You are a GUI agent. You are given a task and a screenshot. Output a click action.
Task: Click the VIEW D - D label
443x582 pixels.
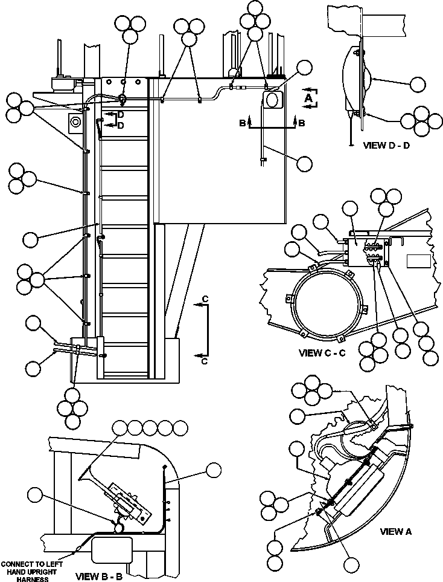386,146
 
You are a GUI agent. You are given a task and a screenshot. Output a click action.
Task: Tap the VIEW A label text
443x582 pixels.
395,532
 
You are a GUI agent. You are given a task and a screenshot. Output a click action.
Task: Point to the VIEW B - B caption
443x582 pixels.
99,576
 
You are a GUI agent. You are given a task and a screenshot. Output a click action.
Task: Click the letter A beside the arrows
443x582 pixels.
308,97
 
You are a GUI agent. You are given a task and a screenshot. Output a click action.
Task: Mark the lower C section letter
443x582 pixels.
205,361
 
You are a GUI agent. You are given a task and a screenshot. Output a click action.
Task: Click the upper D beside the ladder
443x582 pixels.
121,115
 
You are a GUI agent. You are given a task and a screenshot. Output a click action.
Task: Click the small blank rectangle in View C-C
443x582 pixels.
417,260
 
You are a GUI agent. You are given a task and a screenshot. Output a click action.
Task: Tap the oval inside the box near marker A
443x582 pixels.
273,98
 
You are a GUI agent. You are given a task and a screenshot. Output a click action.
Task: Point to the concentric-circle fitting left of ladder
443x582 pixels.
75,121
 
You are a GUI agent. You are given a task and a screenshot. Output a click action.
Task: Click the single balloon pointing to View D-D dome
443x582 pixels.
418,85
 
